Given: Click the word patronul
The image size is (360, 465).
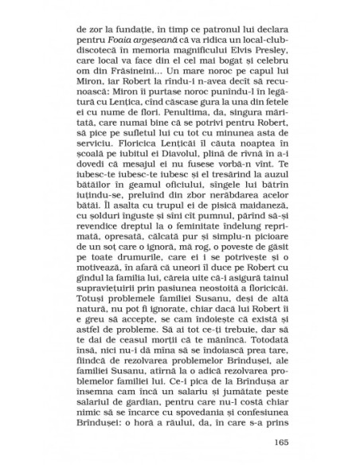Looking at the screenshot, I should tap(203, 29).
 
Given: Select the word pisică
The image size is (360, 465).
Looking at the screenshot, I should tap(209, 229).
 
